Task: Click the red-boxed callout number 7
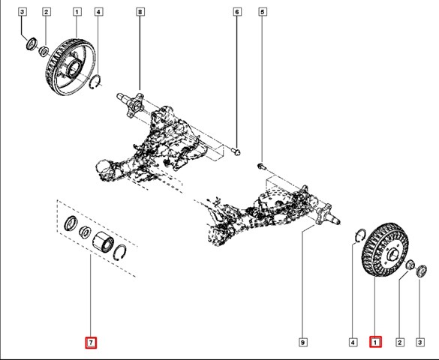coord(91,343)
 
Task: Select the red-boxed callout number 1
coord(375,342)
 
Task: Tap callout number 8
coord(140,12)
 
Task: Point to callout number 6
coord(237,12)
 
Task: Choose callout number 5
coord(263,12)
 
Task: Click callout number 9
coord(302,342)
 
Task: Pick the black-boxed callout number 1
coord(77,12)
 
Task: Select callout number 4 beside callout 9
coord(353,342)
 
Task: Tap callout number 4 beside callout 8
coord(98,12)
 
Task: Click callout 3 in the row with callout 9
coord(419,342)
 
